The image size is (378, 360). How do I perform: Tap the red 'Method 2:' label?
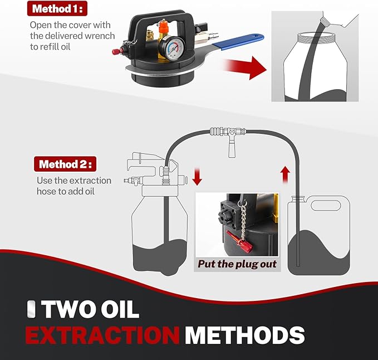pos(66,164)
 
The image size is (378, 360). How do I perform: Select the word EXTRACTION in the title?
pos(102,335)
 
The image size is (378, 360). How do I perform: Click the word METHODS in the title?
pos(245,335)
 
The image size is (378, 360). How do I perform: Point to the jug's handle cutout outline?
pos(326,205)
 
